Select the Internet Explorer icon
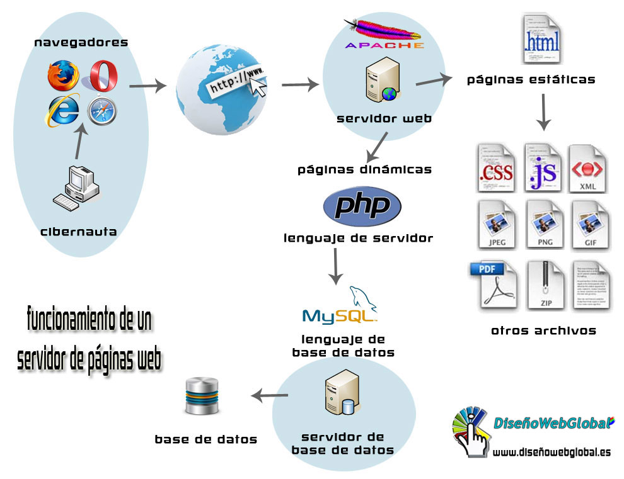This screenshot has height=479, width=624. click(62, 110)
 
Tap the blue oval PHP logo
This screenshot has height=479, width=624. click(361, 206)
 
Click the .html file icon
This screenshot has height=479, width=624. click(541, 41)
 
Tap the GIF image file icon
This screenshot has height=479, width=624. click(590, 225)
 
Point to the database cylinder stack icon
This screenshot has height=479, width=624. click(201, 396)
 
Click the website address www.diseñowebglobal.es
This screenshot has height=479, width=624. click(551, 453)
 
